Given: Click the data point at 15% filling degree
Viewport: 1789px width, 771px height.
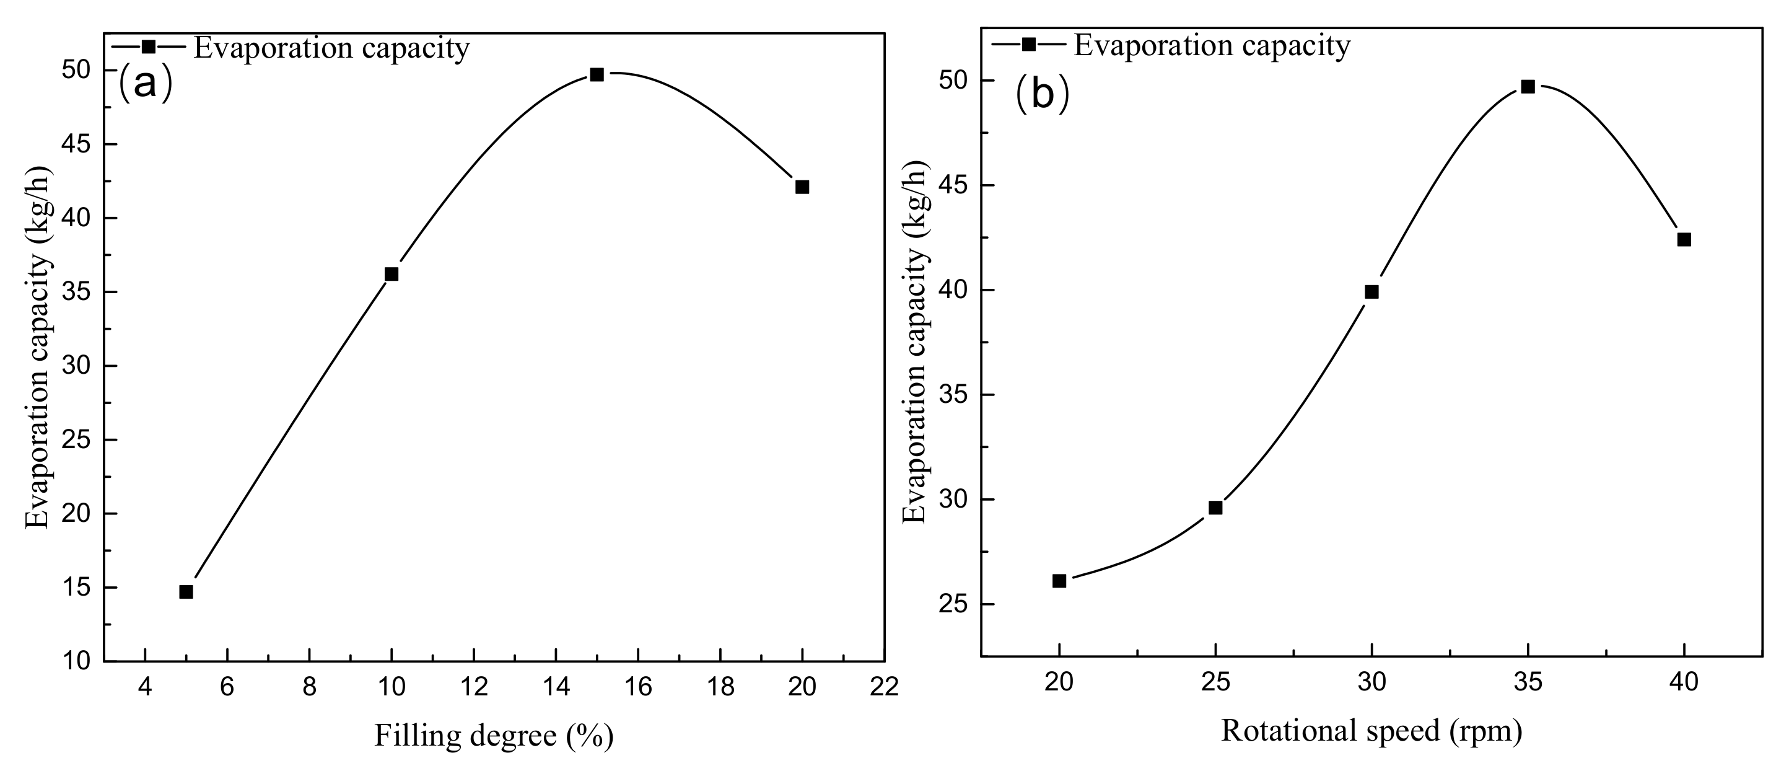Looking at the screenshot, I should click(597, 74).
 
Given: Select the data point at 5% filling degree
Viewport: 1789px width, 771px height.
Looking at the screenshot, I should click(186, 592).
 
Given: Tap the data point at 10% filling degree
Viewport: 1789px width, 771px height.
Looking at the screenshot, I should click(391, 275).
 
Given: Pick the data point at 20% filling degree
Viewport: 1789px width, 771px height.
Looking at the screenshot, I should click(802, 187).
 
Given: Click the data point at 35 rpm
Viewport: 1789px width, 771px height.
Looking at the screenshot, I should click(1528, 87).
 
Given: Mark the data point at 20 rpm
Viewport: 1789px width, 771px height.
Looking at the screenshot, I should click(1059, 581).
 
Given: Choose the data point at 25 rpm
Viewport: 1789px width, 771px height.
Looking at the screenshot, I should click(1215, 508).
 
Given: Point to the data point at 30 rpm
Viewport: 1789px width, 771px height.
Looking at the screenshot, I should click(1371, 292).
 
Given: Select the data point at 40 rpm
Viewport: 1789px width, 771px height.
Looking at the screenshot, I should click(1684, 240).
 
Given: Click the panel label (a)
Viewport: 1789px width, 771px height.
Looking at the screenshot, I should click(145, 83).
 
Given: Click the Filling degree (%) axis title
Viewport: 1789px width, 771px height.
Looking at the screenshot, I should click(494, 736).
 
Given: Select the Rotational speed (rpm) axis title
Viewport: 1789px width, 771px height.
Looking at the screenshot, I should click(1371, 731).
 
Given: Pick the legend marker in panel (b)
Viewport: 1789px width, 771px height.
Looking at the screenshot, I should click(1028, 44).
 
